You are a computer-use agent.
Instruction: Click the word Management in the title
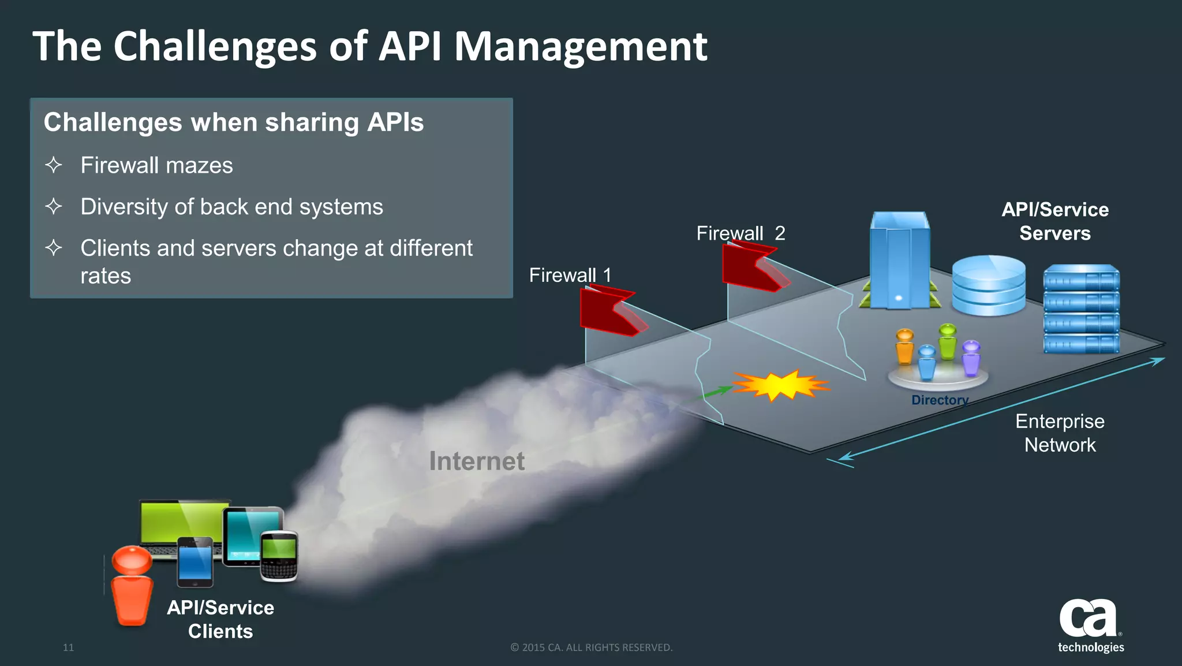click(580, 47)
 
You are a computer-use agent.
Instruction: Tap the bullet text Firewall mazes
click(156, 166)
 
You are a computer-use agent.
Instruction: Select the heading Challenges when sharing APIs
click(234, 122)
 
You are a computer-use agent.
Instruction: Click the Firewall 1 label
click(570, 275)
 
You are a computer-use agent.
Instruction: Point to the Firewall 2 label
click(740, 233)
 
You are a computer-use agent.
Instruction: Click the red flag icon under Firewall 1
click(609, 311)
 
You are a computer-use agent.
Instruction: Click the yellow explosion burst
click(780, 385)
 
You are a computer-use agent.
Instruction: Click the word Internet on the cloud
click(477, 461)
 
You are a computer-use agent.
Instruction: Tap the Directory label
click(939, 400)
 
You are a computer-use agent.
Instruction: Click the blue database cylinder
click(988, 285)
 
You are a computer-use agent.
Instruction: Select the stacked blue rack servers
click(1081, 309)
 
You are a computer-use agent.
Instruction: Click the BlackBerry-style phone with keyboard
click(279, 556)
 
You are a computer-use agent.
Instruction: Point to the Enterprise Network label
click(1060, 433)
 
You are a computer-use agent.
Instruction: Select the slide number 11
click(68, 648)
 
